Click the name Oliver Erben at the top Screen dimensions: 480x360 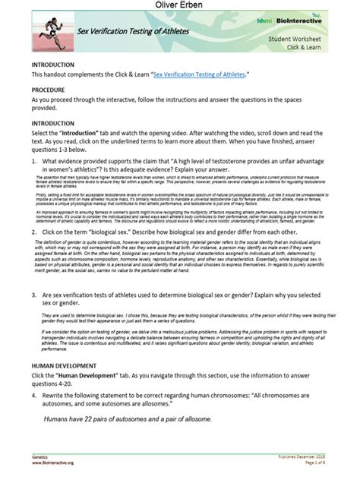[x=179, y=8]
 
